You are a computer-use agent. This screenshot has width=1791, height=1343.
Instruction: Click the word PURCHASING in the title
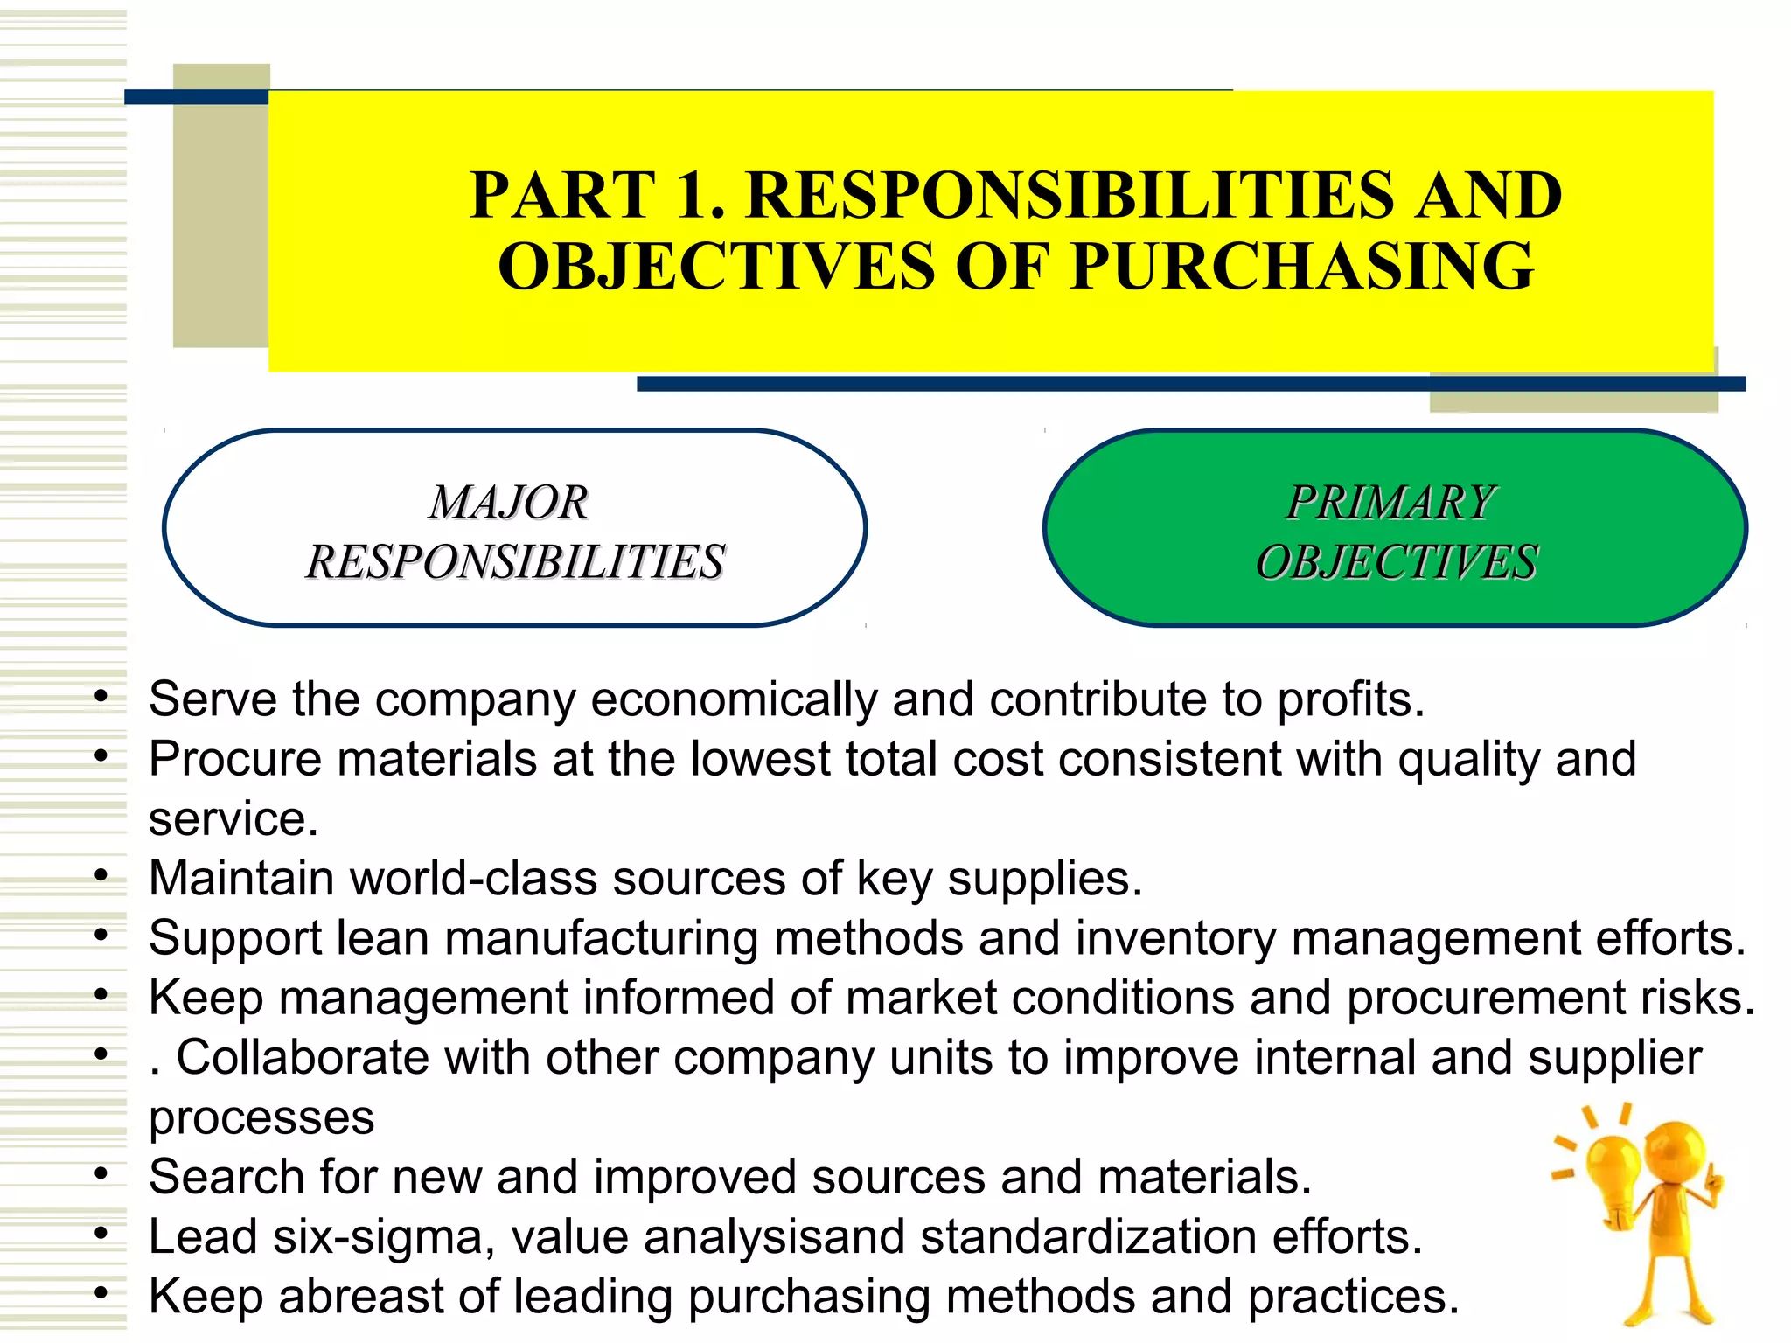click(x=1301, y=266)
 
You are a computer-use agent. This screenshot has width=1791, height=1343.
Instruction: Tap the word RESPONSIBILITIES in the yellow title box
click(x=1067, y=194)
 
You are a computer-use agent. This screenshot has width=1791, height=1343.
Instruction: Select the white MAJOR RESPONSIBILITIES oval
click(x=514, y=528)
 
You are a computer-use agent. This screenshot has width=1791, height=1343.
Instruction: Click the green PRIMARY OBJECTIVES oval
click(x=1395, y=528)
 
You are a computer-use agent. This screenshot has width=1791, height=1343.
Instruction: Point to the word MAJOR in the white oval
click(x=508, y=503)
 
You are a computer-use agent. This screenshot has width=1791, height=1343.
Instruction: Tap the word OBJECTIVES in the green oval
click(x=1397, y=562)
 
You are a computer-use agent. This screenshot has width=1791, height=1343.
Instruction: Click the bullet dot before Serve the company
click(x=101, y=697)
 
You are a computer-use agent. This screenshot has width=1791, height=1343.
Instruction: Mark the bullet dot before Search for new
click(x=101, y=1174)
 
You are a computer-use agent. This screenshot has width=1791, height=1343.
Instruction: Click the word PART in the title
click(x=561, y=194)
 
